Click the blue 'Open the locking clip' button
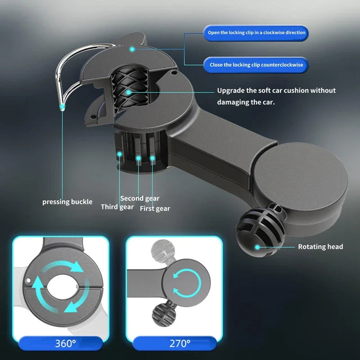click(x=256, y=33)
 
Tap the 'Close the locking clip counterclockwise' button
click(x=256, y=65)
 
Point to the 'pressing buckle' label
click(x=67, y=202)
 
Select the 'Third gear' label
click(x=117, y=207)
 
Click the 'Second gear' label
click(x=139, y=198)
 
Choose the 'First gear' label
click(x=155, y=208)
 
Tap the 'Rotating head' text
click(x=320, y=247)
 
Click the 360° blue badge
click(x=65, y=344)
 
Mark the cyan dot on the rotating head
click(x=257, y=247)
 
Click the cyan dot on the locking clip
click(x=132, y=49)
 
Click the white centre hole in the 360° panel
click(x=61, y=288)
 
